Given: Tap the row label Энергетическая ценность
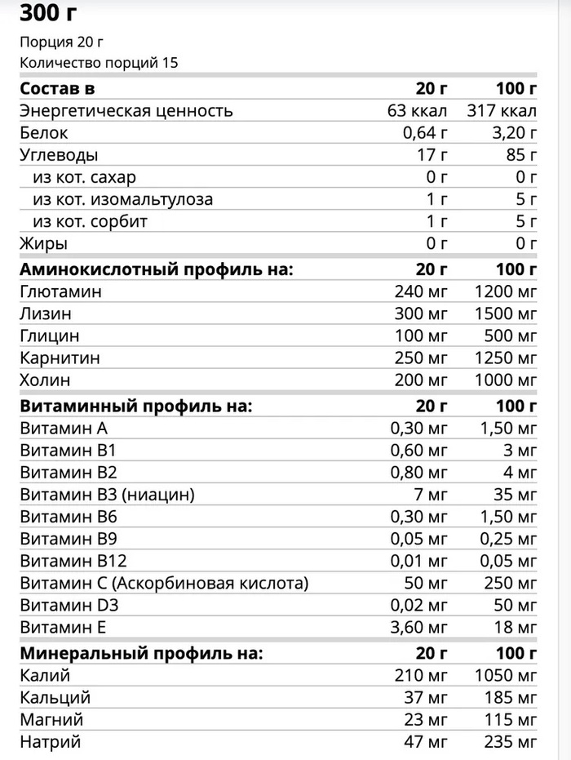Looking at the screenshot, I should pyautogui.click(x=126, y=111).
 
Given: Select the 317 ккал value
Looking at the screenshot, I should pyautogui.click(x=502, y=111).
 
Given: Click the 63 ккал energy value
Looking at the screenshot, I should pyautogui.click(x=418, y=111).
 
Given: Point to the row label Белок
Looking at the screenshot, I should pyautogui.click(x=44, y=133).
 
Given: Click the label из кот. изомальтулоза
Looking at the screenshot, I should pyautogui.click(x=123, y=199).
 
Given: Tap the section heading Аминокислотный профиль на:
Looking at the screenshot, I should pyautogui.click(x=156, y=269).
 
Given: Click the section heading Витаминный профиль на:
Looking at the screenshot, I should pyautogui.click(x=135, y=405).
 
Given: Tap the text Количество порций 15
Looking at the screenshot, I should pyautogui.click(x=99, y=63).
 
